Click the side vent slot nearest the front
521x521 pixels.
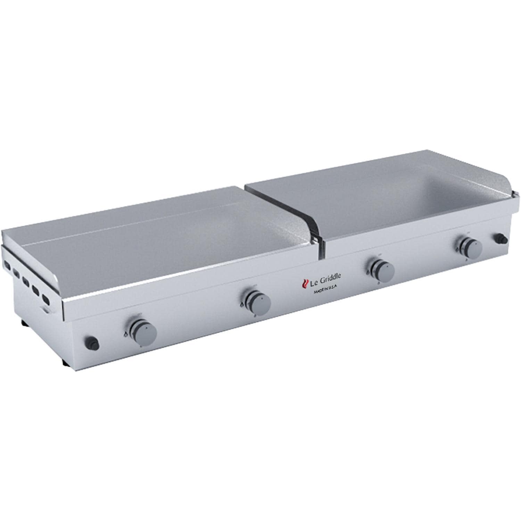[x=46, y=299]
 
